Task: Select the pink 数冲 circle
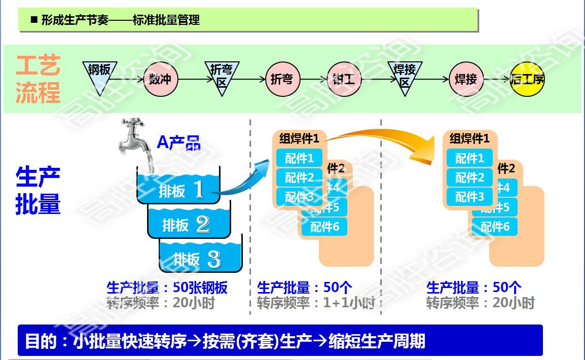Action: tap(161, 80)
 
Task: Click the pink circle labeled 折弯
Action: tap(282, 80)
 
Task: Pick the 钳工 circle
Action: tap(344, 80)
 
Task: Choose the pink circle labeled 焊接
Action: tap(465, 80)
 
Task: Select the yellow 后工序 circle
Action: tap(527, 80)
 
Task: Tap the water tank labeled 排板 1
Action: tap(178, 189)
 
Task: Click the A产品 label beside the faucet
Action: tap(178, 142)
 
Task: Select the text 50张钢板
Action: tap(200, 288)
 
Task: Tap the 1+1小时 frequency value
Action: tap(349, 303)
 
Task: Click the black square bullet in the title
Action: tap(34, 20)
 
